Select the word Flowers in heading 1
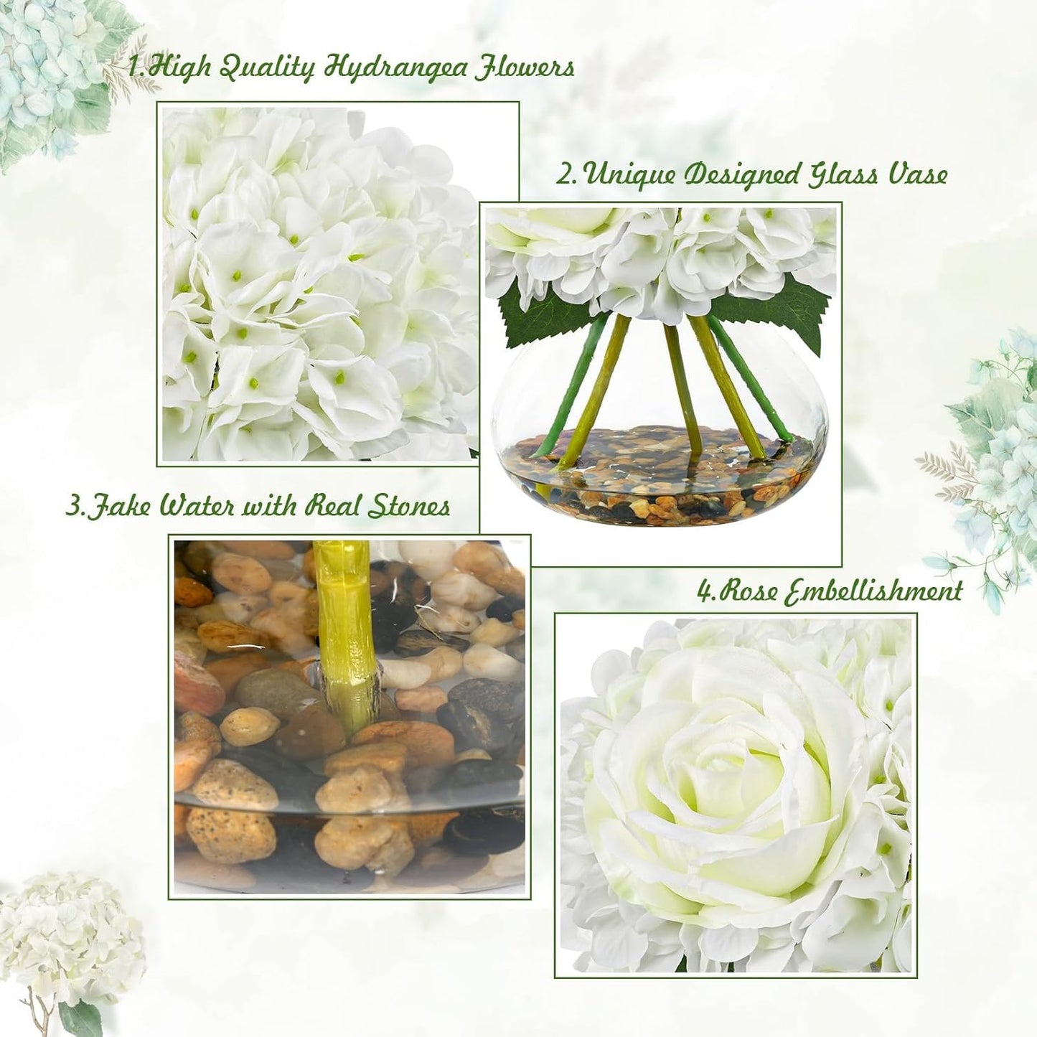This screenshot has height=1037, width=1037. point(522,68)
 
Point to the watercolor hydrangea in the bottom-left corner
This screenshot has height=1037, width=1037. point(68,933)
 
